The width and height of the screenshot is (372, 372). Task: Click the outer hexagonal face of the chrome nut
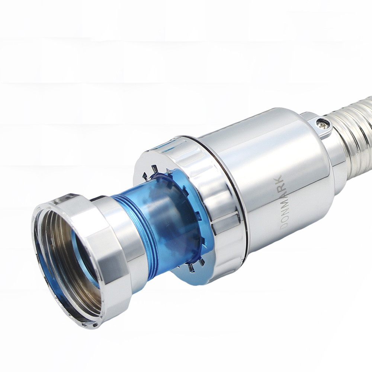click(112, 249)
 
